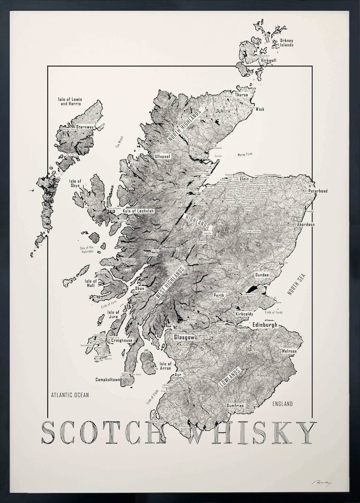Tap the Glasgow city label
184,337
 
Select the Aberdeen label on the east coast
318,225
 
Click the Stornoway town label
85,127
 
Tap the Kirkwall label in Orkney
269,60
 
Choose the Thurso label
242,95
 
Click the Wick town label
260,109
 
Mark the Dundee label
262,275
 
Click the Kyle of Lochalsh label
138,211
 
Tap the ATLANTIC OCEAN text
70,395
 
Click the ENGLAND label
282,404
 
